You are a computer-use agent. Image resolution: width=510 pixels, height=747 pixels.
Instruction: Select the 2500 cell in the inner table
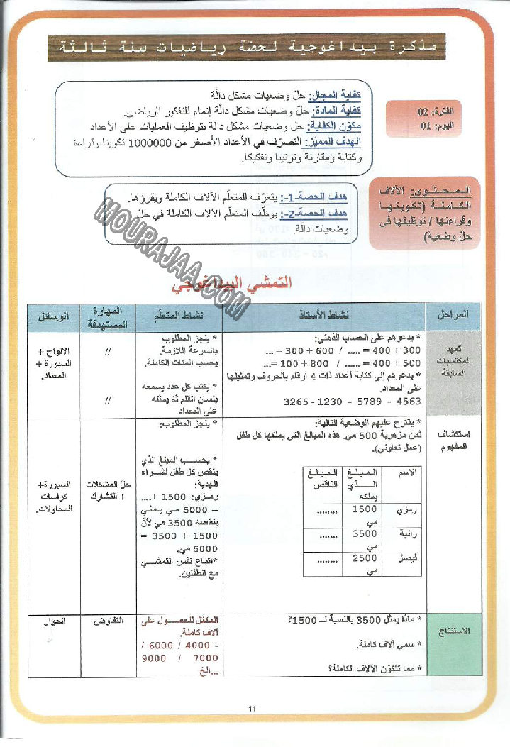tap(365, 559)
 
